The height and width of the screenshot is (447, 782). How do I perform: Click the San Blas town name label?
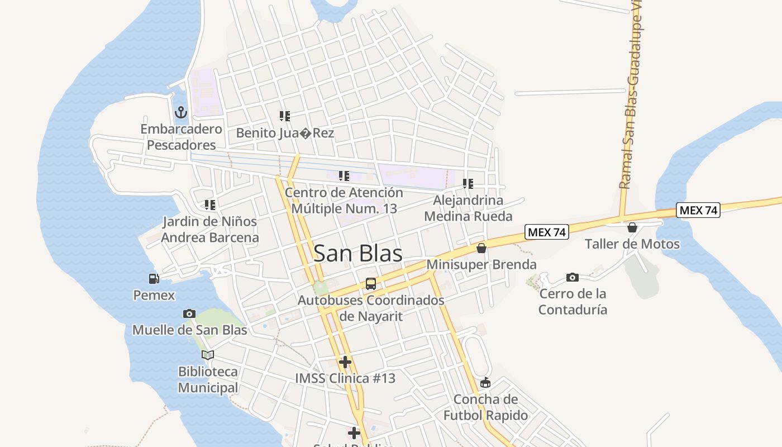pyautogui.click(x=358, y=253)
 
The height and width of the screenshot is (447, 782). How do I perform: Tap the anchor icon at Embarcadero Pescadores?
pyautogui.click(x=180, y=112)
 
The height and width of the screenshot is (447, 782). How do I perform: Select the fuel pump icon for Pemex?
pyautogui.click(x=154, y=278)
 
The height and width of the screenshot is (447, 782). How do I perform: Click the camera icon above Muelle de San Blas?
pyautogui.click(x=189, y=313)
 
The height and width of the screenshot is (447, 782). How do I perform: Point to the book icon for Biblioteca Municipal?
pyautogui.click(x=208, y=355)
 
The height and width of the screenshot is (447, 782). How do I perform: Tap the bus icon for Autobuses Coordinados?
pyautogui.click(x=371, y=284)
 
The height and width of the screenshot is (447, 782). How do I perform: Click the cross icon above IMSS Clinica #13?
pyautogui.click(x=345, y=362)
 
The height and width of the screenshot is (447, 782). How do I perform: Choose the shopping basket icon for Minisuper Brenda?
pyautogui.click(x=481, y=248)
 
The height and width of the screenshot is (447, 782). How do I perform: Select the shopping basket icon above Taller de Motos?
pyautogui.click(x=632, y=227)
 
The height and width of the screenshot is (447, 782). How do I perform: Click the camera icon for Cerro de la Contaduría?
pyautogui.click(x=573, y=277)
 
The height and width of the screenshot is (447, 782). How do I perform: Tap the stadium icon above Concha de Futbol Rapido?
pyautogui.click(x=485, y=383)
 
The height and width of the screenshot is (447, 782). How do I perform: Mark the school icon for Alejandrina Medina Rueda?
pyautogui.click(x=468, y=183)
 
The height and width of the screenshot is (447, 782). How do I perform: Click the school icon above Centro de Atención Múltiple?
pyautogui.click(x=344, y=176)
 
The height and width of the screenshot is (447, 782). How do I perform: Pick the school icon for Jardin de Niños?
pyautogui.click(x=210, y=205)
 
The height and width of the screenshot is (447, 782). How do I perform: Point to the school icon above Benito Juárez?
pyautogui.click(x=285, y=116)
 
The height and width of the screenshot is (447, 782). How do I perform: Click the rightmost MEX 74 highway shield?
pyautogui.click(x=698, y=210)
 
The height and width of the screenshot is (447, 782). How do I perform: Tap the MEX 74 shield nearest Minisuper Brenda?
pyautogui.click(x=546, y=232)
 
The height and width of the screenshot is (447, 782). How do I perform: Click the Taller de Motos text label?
pyautogui.click(x=632, y=244)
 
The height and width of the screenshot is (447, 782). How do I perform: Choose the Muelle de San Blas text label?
pyautogui.click(x=189, y=330)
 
